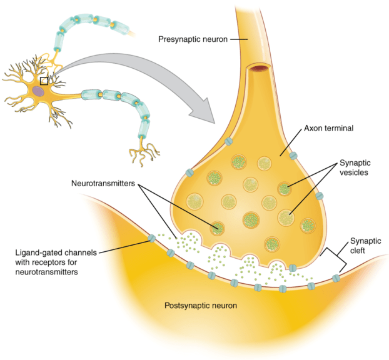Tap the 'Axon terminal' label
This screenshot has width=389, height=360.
(330, 128)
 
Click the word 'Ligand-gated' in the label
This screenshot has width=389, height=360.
(40, 252)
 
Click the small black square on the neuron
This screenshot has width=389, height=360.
(44, 81)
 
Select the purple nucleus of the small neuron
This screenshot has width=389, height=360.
(39, 92)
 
